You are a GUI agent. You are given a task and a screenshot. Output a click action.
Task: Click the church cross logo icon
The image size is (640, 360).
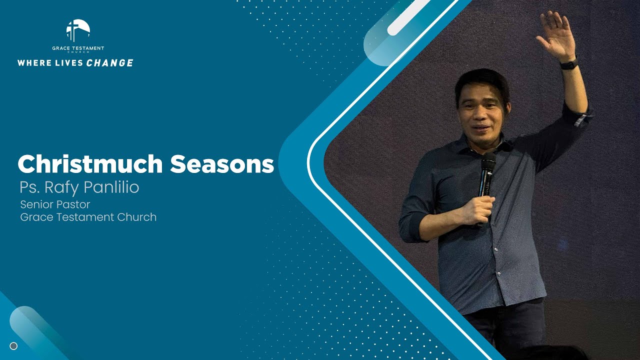click(x=78, y=31)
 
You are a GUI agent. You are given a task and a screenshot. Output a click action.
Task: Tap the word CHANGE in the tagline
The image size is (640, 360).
click(x=109, y=63)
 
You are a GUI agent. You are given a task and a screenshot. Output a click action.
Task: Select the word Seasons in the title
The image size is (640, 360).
click(x=222, y=164)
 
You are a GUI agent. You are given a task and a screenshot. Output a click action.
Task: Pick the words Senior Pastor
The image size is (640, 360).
click(x=55, y=204)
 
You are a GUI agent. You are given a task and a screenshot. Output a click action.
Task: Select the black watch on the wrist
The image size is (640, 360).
click(x=569, y=64)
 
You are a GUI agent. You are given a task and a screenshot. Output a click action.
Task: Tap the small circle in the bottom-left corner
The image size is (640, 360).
click(x=13, y=346)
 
